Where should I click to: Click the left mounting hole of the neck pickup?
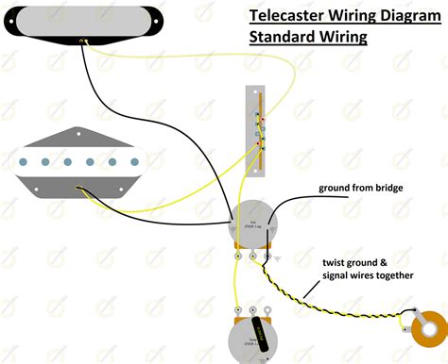[12, 25]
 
